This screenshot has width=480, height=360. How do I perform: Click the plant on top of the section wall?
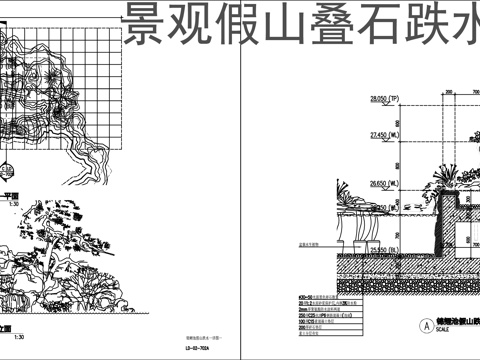(464, 177)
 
